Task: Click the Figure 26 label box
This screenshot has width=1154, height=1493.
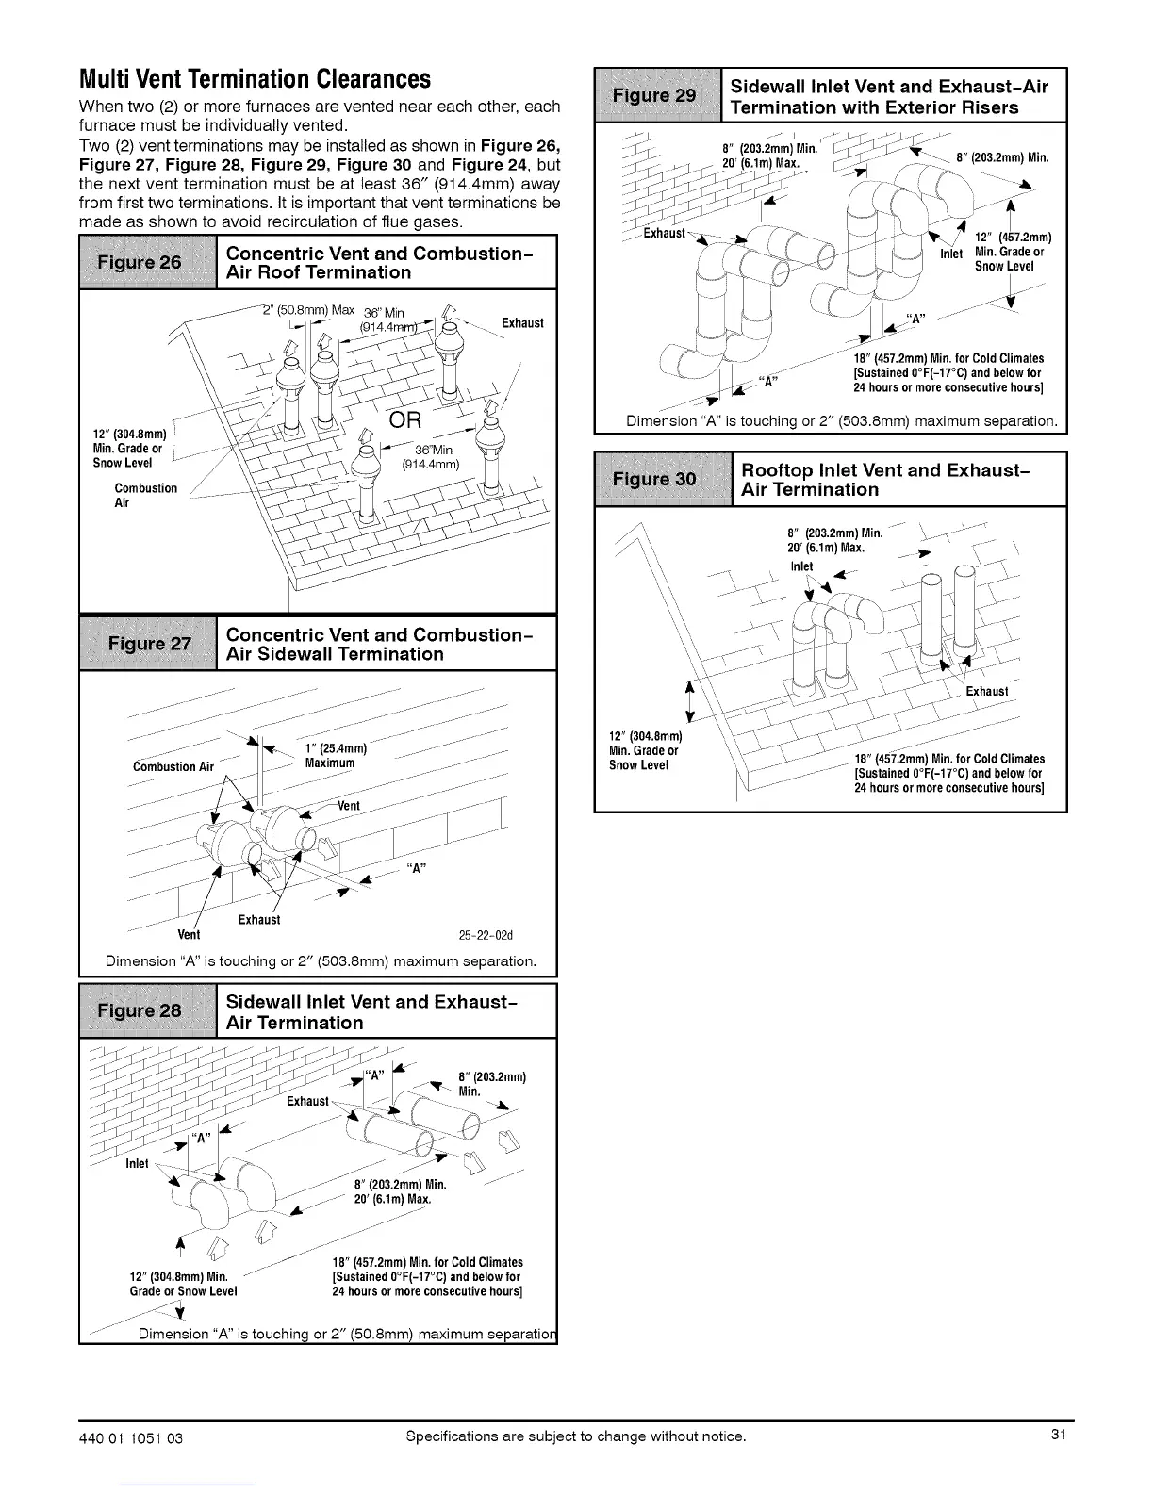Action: (149, 263)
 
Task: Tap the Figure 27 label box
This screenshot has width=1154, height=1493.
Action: (149, 644)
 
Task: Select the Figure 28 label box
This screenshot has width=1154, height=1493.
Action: (147, 1011)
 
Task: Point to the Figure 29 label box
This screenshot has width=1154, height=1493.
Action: (657, 96)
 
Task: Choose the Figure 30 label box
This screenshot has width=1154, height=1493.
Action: (663, 480)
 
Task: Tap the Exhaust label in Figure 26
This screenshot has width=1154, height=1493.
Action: (521, 323)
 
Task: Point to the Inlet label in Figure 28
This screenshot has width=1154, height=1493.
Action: (137, 1163)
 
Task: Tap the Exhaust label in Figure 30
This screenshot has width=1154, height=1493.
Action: (986, 692)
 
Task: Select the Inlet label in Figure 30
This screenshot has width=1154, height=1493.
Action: (801, 566)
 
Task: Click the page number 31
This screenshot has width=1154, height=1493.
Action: (1058, 1436)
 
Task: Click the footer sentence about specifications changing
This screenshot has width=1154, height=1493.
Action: (575, 1436)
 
